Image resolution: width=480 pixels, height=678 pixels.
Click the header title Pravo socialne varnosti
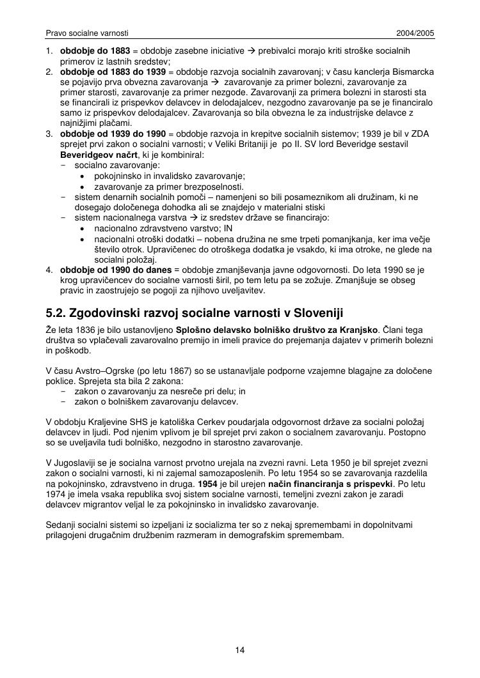88,32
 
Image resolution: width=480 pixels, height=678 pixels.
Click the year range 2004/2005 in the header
415,32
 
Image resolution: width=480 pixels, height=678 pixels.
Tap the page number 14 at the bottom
240,651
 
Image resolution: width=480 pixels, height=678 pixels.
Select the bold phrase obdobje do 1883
95,50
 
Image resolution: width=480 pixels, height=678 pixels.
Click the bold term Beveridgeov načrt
95,155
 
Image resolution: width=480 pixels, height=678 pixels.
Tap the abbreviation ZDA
420,134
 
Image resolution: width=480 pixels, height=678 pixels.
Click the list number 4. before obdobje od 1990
49,270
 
